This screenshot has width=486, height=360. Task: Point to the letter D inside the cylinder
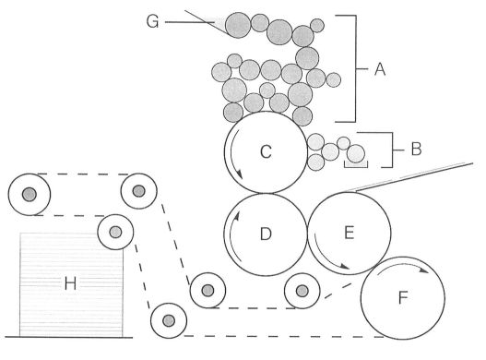[x=266, y=234]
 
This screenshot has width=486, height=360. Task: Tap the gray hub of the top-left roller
[x=29, y=194]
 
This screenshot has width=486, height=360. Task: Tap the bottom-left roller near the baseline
[x=167, y=320]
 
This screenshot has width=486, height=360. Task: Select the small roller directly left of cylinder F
[x=301, y=292]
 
